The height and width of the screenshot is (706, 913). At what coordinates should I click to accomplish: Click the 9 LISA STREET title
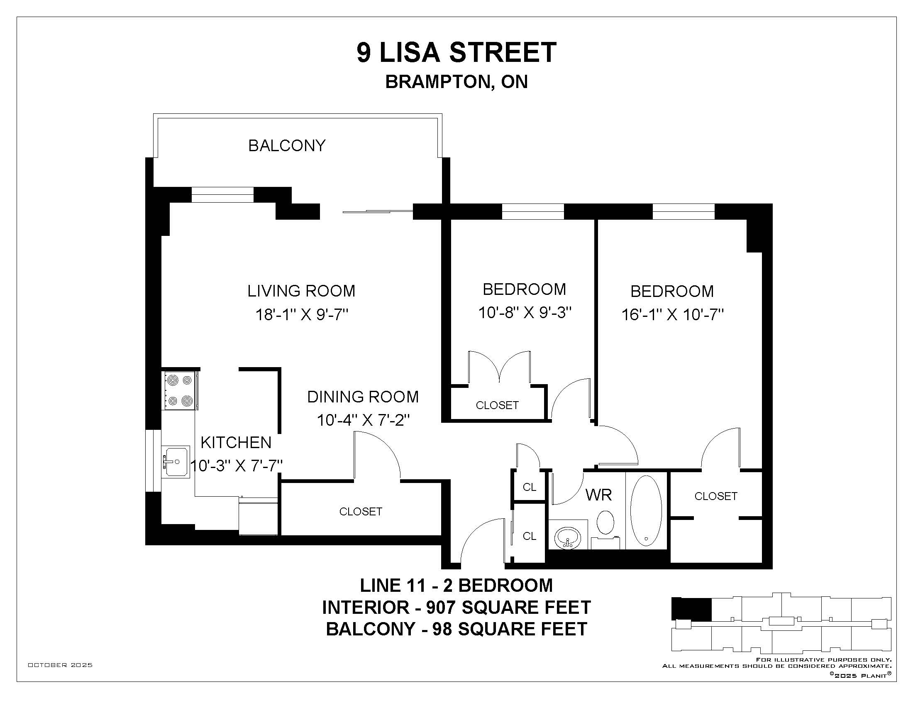coord(456,52)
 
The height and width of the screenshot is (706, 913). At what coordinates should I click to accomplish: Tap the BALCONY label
coord(287,145)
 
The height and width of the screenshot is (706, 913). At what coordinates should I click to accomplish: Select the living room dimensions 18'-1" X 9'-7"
coord(302,314)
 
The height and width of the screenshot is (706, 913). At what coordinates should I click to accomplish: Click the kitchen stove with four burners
coord(180,391)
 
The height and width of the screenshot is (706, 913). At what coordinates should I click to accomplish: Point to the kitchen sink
coord(176,462)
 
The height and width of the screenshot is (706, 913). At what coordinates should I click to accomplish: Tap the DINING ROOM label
coord(363,397)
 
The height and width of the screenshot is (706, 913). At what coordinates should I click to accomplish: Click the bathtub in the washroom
coord(646,511)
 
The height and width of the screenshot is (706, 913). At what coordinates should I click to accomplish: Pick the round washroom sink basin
coord(568,536)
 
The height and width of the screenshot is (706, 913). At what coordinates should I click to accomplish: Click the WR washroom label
coord(598,495)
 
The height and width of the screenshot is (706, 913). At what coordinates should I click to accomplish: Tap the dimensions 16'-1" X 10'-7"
coord(673,314)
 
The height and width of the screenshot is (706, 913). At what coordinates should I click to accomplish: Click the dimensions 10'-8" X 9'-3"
coord(525,312)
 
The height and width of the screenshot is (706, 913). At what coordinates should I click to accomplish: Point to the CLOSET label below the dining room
coord(361,512)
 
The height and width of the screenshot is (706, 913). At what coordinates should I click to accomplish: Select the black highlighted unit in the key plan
coord(691,609)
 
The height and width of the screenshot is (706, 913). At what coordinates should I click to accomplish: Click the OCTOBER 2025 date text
coord(60,665)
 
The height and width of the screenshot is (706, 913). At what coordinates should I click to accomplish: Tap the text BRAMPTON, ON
coord(456,82)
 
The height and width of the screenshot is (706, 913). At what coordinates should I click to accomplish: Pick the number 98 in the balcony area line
coord(442,630)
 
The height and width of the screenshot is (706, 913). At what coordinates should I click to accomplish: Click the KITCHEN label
coord(236,443)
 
